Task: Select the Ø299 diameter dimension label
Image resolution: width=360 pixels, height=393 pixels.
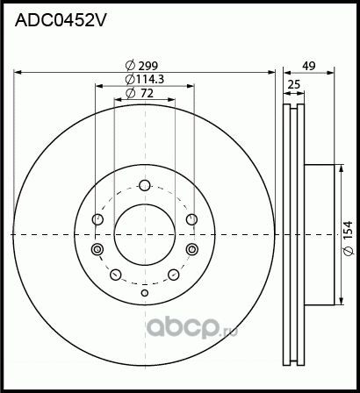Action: tap(142, 64)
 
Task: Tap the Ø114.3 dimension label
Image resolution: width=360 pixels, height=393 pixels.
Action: tap(144, 79)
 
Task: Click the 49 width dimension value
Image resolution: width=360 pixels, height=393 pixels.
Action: tap(308, 64)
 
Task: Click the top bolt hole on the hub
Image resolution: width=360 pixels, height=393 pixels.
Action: tap(146, 185)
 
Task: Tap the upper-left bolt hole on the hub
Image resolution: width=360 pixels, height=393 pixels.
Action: tap(98, 218)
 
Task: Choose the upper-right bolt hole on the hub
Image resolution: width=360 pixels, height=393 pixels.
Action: tap(192, 219)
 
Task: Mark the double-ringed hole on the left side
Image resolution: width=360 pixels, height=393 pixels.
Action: tap(97, 251)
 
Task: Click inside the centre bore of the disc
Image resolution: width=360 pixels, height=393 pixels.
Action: tap(145, 234)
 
